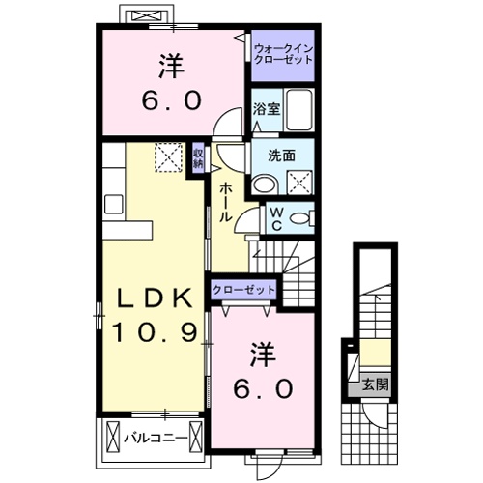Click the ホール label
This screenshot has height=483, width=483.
pos(225,203)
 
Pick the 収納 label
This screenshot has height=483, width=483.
pos(197,157)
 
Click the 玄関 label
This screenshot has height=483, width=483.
pos(375,384)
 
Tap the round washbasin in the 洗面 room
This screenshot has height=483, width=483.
pos(262,182)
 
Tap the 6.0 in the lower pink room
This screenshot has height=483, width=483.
pos(259,388)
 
